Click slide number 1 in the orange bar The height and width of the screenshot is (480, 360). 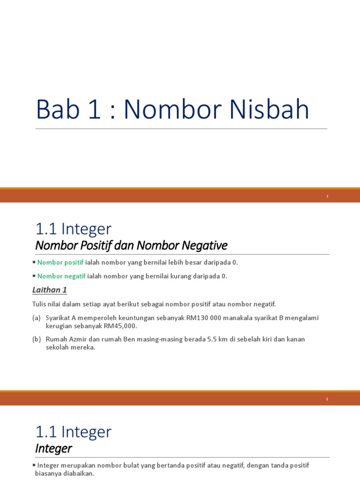pyautogui.click(x=328, y=196)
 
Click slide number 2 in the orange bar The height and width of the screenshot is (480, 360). pyautogui.click(x=328, y=399)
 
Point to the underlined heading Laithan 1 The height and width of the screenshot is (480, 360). pyautogui.click(x=50, y=290)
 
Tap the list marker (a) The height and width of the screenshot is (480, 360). pyautogui.click(x=37, y=318)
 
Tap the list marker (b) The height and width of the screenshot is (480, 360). pyautogui.click(x=37, y=339)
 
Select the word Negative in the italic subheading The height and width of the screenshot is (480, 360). pyautogui.click(x=205, y=245)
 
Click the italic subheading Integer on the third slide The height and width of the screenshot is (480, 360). pyautogui.click(x=53, y=449)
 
